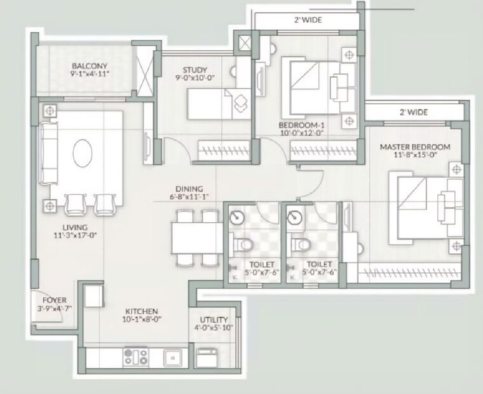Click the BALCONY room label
[x=89, y=66]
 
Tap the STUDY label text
[x=191, y=70]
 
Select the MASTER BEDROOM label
[x=414, y=147]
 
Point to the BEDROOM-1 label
[x=302, y=125]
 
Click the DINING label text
[x=190, y=189]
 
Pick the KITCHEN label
[x=142, y=311]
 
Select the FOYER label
[x=55, y=300]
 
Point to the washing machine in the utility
[x=208, y=358]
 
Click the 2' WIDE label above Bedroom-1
[x=308, y=20]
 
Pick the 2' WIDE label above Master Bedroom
[x=413, y=112]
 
